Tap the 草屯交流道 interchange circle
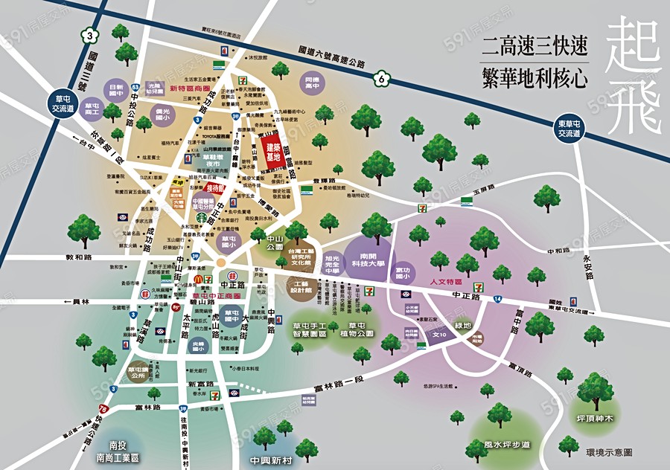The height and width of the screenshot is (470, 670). (66, 103)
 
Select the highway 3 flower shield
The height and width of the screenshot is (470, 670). (90, 36)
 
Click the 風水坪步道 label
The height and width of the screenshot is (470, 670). (506, 445)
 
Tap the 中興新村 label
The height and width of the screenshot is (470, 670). (269, 460)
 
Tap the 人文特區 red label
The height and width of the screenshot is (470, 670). (447, 283)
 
